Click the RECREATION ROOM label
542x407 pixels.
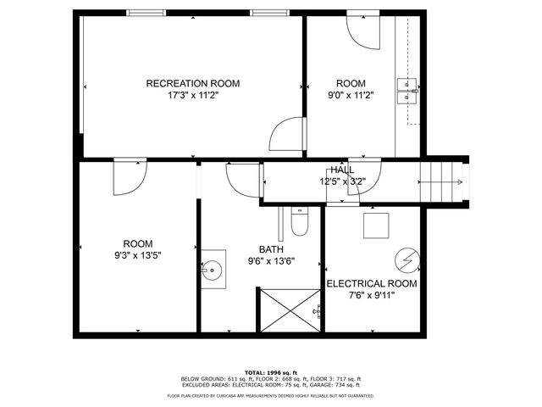[192, 83]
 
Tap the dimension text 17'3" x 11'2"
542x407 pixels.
[192, 96]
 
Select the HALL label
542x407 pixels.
[343, 170]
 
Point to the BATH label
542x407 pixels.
[259, 249]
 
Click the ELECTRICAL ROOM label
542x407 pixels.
[371, 283]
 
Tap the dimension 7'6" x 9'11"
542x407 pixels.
[371, 295]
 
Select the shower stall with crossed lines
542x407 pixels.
[289, 310]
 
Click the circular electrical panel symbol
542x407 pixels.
[406, 257]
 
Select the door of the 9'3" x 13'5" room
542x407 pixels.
[130, 176]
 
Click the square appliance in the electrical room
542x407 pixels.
[376, 226]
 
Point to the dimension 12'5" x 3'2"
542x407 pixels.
[342, 181]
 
